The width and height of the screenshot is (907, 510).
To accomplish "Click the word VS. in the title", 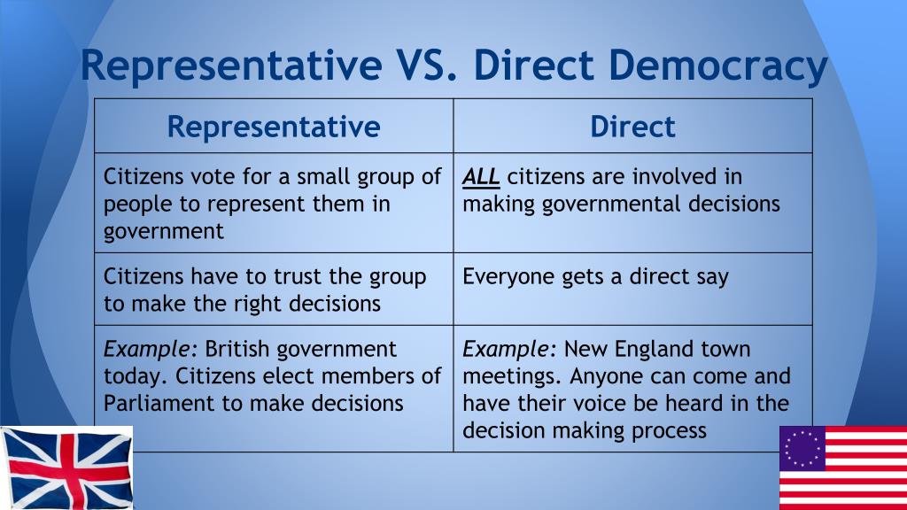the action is click(427, 64).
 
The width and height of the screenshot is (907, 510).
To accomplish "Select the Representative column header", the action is click(274, 127).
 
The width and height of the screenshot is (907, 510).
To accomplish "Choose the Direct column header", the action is click(632, 127).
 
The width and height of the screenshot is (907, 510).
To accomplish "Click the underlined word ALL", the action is click(481, 176).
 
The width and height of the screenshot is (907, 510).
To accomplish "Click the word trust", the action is click(298, 276).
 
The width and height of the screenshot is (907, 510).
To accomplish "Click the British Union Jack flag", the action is click(66, 467).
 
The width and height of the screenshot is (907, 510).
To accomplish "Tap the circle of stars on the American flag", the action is click(802, 448).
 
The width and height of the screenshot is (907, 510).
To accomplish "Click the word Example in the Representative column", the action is click(146, 350).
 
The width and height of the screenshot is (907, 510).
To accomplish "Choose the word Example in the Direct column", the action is click(506, 350).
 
